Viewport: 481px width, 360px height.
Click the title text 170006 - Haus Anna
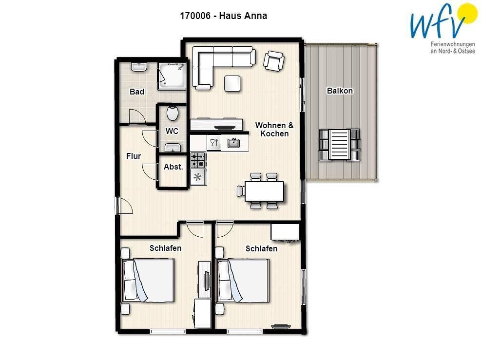click(223, 16)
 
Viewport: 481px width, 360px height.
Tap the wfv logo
click(443, 28)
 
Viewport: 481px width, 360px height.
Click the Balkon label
click(340, 91)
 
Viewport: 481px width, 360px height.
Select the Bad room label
click(137, 92)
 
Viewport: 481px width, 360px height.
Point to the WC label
click(172, 131)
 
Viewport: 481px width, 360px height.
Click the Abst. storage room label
click(173, 167)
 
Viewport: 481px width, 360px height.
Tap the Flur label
click(134, 156)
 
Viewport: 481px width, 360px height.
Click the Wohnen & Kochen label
click(274, 130)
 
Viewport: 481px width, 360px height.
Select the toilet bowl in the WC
click(173, 114)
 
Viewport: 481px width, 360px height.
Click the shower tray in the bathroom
click(172, 76)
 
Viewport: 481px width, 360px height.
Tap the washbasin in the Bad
click(139, 67)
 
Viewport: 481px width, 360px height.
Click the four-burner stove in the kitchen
click(198, 160)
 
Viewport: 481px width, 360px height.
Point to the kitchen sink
click(234, 143)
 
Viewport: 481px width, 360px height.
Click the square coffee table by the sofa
click(232, 83)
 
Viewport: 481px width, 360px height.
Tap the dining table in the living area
click(264, 191)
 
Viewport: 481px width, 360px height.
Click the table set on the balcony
click(339, 145)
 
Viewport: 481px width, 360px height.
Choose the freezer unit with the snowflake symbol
click(198, 177)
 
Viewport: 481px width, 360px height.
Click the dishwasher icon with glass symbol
click(214, 143)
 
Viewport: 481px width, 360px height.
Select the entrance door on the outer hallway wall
click(124, 206)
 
